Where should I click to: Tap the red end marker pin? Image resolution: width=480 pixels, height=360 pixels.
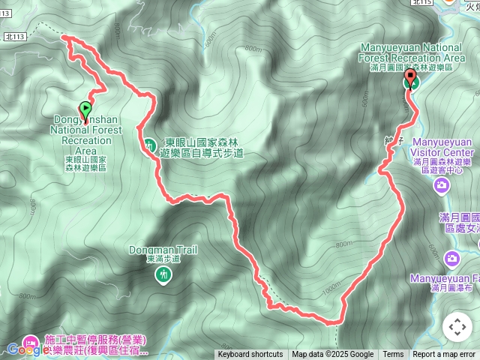click(410, 78)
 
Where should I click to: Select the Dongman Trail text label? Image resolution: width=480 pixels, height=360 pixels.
click(163, 250)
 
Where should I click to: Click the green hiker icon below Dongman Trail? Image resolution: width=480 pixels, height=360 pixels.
click(163, 275)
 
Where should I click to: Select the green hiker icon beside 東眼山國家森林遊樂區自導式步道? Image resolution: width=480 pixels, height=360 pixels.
click(150, 143)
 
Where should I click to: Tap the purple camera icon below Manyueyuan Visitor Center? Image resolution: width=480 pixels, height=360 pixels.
click(443, 184)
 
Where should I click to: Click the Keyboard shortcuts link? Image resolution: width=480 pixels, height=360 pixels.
click(250, 355)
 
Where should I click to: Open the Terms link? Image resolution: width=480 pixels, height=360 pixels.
click(393, 355)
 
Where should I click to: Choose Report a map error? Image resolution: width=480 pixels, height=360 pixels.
click(444, 355)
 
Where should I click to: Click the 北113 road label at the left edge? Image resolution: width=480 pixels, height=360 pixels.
click(14, 35)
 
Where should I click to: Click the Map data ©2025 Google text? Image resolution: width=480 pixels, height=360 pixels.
click(333, 355)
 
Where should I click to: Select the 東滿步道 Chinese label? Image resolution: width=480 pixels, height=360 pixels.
click(163, 259)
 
